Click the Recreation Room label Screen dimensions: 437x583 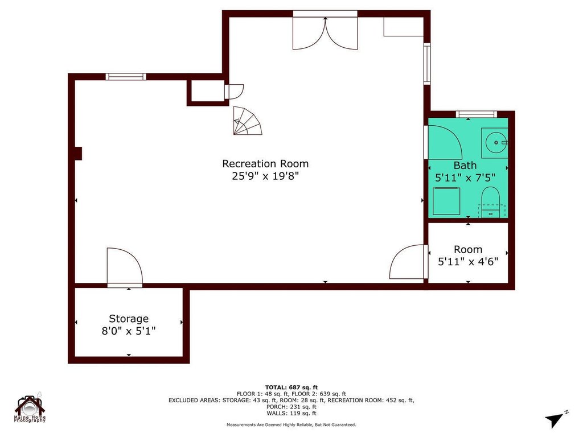coord(265,164)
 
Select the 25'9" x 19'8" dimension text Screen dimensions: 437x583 coord(265,176)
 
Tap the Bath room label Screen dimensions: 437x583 coord(465,166)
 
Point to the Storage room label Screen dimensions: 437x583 coord(129,319)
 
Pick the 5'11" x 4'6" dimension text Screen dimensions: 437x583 coord(467,262)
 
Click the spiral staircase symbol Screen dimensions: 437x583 coord(248,121)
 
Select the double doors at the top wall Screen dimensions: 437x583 coord(325,32)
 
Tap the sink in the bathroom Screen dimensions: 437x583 coord(494,142)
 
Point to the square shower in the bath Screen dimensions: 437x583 coord(446,201)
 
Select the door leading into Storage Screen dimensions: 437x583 coord(124,266)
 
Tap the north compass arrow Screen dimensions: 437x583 coord(556,419)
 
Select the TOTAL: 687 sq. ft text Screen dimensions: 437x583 coord(291,387)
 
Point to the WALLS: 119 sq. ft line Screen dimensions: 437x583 coord(291,413)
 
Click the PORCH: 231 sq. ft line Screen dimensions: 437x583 coord(291,407)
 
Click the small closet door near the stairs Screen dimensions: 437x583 coord(234,92)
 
